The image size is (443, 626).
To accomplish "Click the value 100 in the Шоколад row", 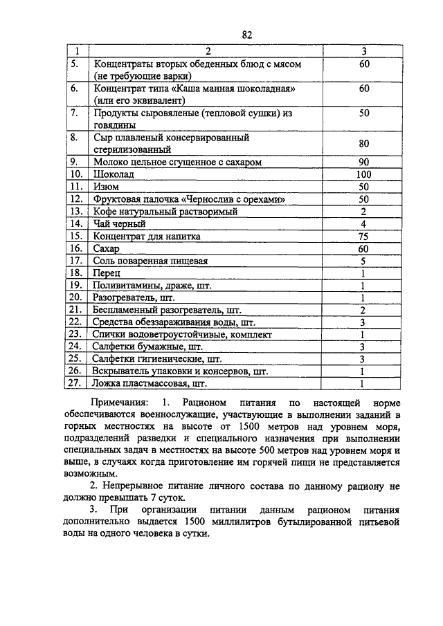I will click(x=363, y=174).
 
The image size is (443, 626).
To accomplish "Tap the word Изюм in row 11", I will click(x=105, y=187).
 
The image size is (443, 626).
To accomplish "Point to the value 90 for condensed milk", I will click(x=363, y=162).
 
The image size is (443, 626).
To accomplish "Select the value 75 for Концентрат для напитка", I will click(x=363, y=237).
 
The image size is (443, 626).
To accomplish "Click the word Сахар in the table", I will click(x=107, y=249).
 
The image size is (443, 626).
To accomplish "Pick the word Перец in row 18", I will click(x=108, y=274).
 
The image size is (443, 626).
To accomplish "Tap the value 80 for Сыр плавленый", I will click(x=363, y=143).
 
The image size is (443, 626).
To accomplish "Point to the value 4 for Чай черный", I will click(x=363, y=224).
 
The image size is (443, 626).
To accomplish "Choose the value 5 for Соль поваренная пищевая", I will click(x=363, y=261).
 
